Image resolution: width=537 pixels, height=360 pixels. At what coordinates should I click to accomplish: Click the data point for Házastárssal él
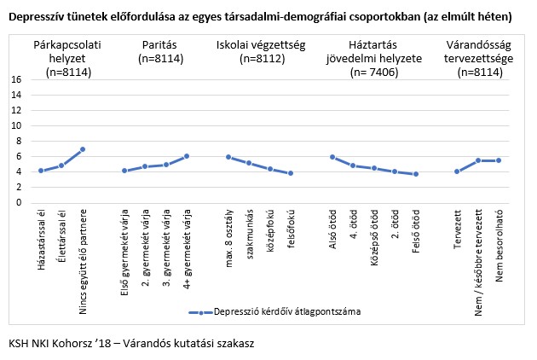pos(41,171)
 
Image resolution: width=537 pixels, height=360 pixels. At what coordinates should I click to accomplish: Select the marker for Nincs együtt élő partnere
pos(83,149)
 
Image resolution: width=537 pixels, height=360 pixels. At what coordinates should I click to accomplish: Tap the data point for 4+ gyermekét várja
pos(187,156)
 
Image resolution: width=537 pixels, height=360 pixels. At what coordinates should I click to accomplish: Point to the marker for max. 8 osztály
pos(228,157)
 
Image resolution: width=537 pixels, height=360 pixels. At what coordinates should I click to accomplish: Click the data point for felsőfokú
pos(291,173)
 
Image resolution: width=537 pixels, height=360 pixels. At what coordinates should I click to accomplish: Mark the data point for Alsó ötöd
pos(332,157)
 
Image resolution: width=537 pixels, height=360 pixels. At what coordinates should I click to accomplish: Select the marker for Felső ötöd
pos(415,174)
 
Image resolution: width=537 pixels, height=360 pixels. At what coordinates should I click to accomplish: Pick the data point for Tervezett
pos(457,171)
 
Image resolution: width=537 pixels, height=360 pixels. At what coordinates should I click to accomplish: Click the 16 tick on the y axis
pos(15,79)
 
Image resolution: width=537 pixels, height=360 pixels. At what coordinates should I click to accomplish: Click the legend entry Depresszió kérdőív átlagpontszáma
pos(287,312)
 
